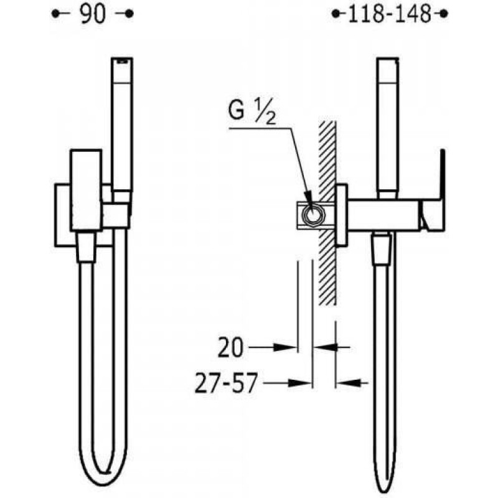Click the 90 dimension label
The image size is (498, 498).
[92, 14]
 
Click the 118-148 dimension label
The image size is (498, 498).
[390, 14]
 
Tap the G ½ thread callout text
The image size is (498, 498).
[252, 113]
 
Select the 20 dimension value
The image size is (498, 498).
[231, 347]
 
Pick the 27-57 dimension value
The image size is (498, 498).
[225, 383]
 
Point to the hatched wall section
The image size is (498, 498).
[327, 212]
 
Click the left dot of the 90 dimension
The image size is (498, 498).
[55, 14]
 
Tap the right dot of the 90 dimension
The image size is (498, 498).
[129, 14]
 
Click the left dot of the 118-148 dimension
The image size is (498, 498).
[336, 14]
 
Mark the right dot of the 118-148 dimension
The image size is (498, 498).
[444, 14]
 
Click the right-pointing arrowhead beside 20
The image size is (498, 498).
[285, 347]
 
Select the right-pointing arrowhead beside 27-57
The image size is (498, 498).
[300, 383]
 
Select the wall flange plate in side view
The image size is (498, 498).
[341, 215]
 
